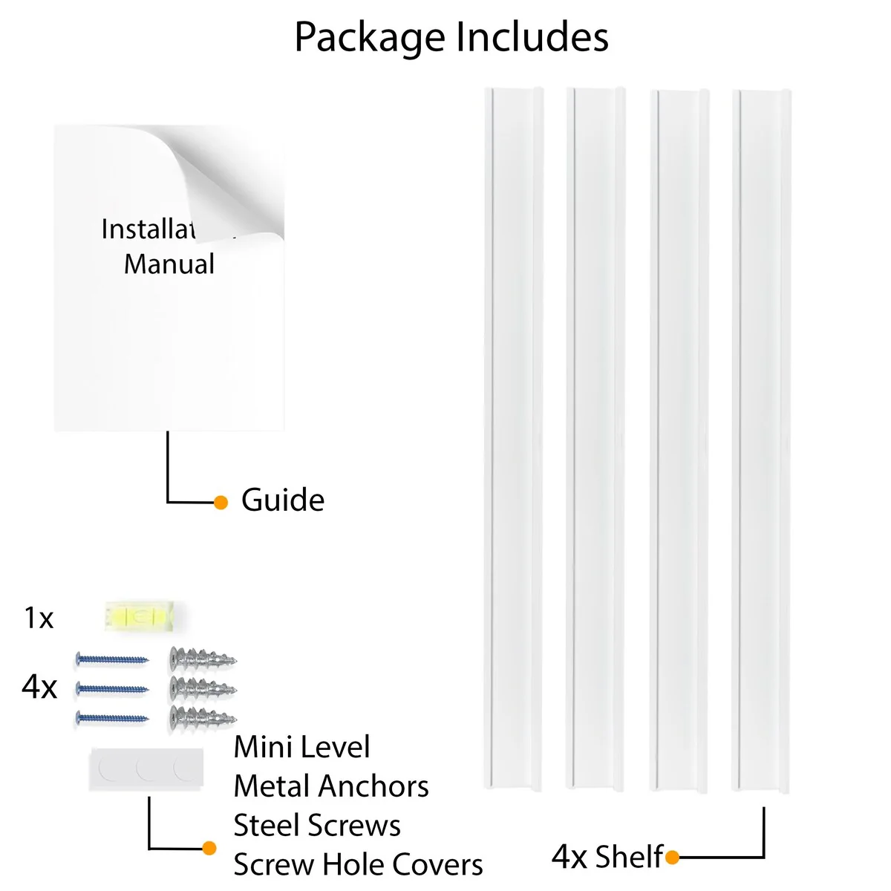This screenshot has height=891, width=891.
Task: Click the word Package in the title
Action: (371, 38)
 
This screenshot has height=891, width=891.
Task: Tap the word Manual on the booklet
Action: (169, 264)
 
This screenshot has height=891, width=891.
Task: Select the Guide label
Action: (282, 500)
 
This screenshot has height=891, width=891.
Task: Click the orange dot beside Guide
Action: (221, 503)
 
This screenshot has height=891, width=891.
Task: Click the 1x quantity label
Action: (39, 618)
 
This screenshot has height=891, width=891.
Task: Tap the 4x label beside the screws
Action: (39, 688)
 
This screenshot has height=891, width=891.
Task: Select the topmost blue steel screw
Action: (112, 659)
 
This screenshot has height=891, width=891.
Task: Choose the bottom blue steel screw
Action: (112, 718)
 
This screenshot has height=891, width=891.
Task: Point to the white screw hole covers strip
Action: (146, 770)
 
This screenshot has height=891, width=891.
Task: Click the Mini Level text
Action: (301, 747)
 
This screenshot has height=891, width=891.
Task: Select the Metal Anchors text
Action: (331, 786)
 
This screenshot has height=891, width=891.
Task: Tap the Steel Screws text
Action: (317, 826)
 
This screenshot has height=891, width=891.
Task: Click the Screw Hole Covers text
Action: (358, 865)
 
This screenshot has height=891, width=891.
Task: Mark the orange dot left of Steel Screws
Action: (209, 848)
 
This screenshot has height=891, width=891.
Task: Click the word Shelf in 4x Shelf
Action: (628, 857)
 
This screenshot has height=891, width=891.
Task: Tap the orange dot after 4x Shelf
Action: (672, 858)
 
